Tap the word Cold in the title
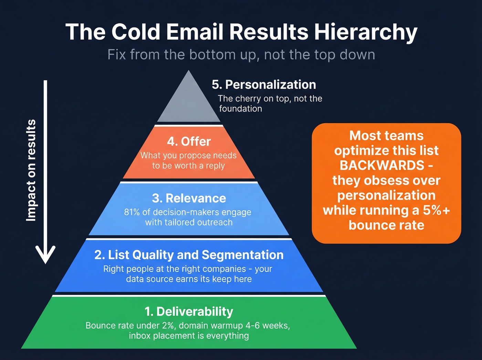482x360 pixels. coord(136,32)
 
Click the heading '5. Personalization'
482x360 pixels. coord(264,84)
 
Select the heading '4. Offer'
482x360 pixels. coord(189,141)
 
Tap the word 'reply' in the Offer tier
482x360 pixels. coord(215,166)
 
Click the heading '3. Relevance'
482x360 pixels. coord(189,198)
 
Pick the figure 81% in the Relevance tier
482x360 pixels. coord(132,212)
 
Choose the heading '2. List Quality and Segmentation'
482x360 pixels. coord(189,255)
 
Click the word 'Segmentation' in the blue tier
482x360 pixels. coord(242,255)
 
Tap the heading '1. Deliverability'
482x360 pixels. coord(189,311)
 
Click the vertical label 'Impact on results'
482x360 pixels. coord(31,170)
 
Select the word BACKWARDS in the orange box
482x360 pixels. coord(382,165)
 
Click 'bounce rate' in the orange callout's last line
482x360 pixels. coord(386,225)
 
